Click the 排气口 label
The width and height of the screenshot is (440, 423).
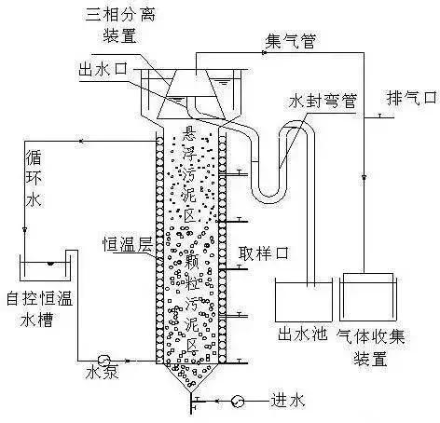(410, 96)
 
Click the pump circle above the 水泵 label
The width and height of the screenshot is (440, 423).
(104, 359)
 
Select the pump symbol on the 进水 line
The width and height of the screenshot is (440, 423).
(240, 402)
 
